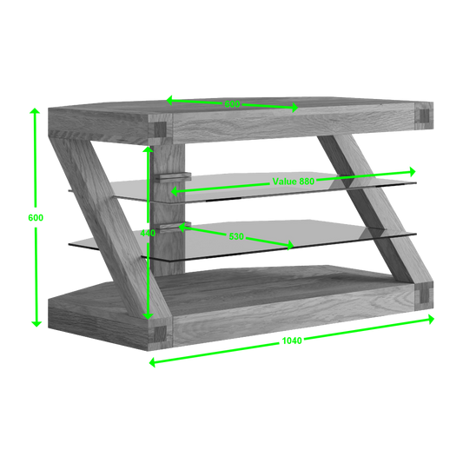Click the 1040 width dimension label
tap(292, 341)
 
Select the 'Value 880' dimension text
tap(294, 182)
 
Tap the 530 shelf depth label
tap(236, 236)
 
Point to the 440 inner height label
tap(148, 233)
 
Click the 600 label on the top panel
tap(232, 104)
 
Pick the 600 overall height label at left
tap(36, 218)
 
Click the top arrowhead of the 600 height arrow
tap(35, 110)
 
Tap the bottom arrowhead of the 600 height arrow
tap(36, 324)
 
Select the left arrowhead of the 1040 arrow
tap(152, 362)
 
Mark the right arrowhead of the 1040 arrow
tap(431, 319)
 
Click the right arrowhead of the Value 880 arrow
tap(413, 171)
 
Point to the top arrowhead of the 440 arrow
tap(148, 149)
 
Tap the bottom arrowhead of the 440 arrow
tap(148, 316)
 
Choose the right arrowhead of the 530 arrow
tap(290, 245)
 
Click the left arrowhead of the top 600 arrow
tap(169, 100)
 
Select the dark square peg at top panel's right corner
tap(424, 116)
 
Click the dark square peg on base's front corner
tap(160, 334)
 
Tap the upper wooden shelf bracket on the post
tap(173, 176)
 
